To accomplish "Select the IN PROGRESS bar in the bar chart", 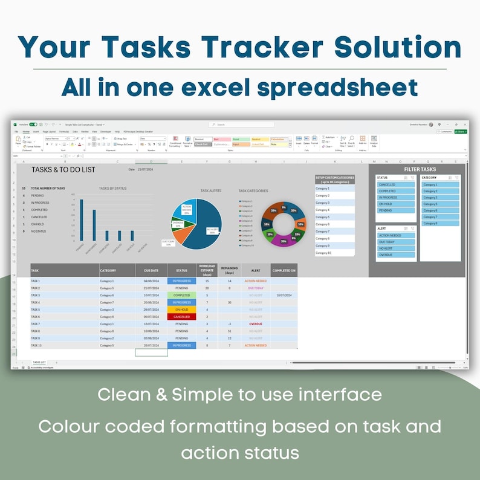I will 94,227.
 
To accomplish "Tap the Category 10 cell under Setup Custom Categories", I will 334,253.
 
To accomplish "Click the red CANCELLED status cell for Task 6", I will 181,317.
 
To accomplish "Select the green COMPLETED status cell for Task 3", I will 181,295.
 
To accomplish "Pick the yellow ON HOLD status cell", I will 181,310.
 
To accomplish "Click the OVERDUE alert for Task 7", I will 255,324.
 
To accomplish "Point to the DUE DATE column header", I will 151,270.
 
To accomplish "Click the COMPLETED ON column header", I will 284,270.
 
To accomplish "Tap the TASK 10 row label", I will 36,346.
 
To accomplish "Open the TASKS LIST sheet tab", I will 41,362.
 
